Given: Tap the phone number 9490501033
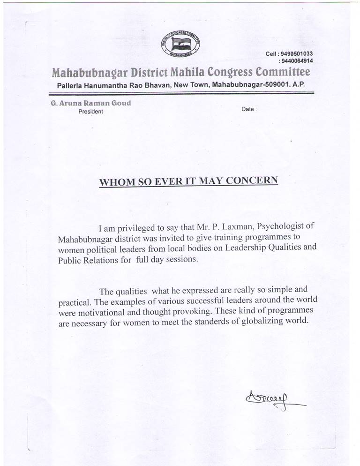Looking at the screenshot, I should (296, 54).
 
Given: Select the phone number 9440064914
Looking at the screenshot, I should (296, 61).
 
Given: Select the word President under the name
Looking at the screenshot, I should (91, 112).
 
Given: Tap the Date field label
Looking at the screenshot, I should (248, 109).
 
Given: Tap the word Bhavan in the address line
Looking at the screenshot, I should (156, 85).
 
